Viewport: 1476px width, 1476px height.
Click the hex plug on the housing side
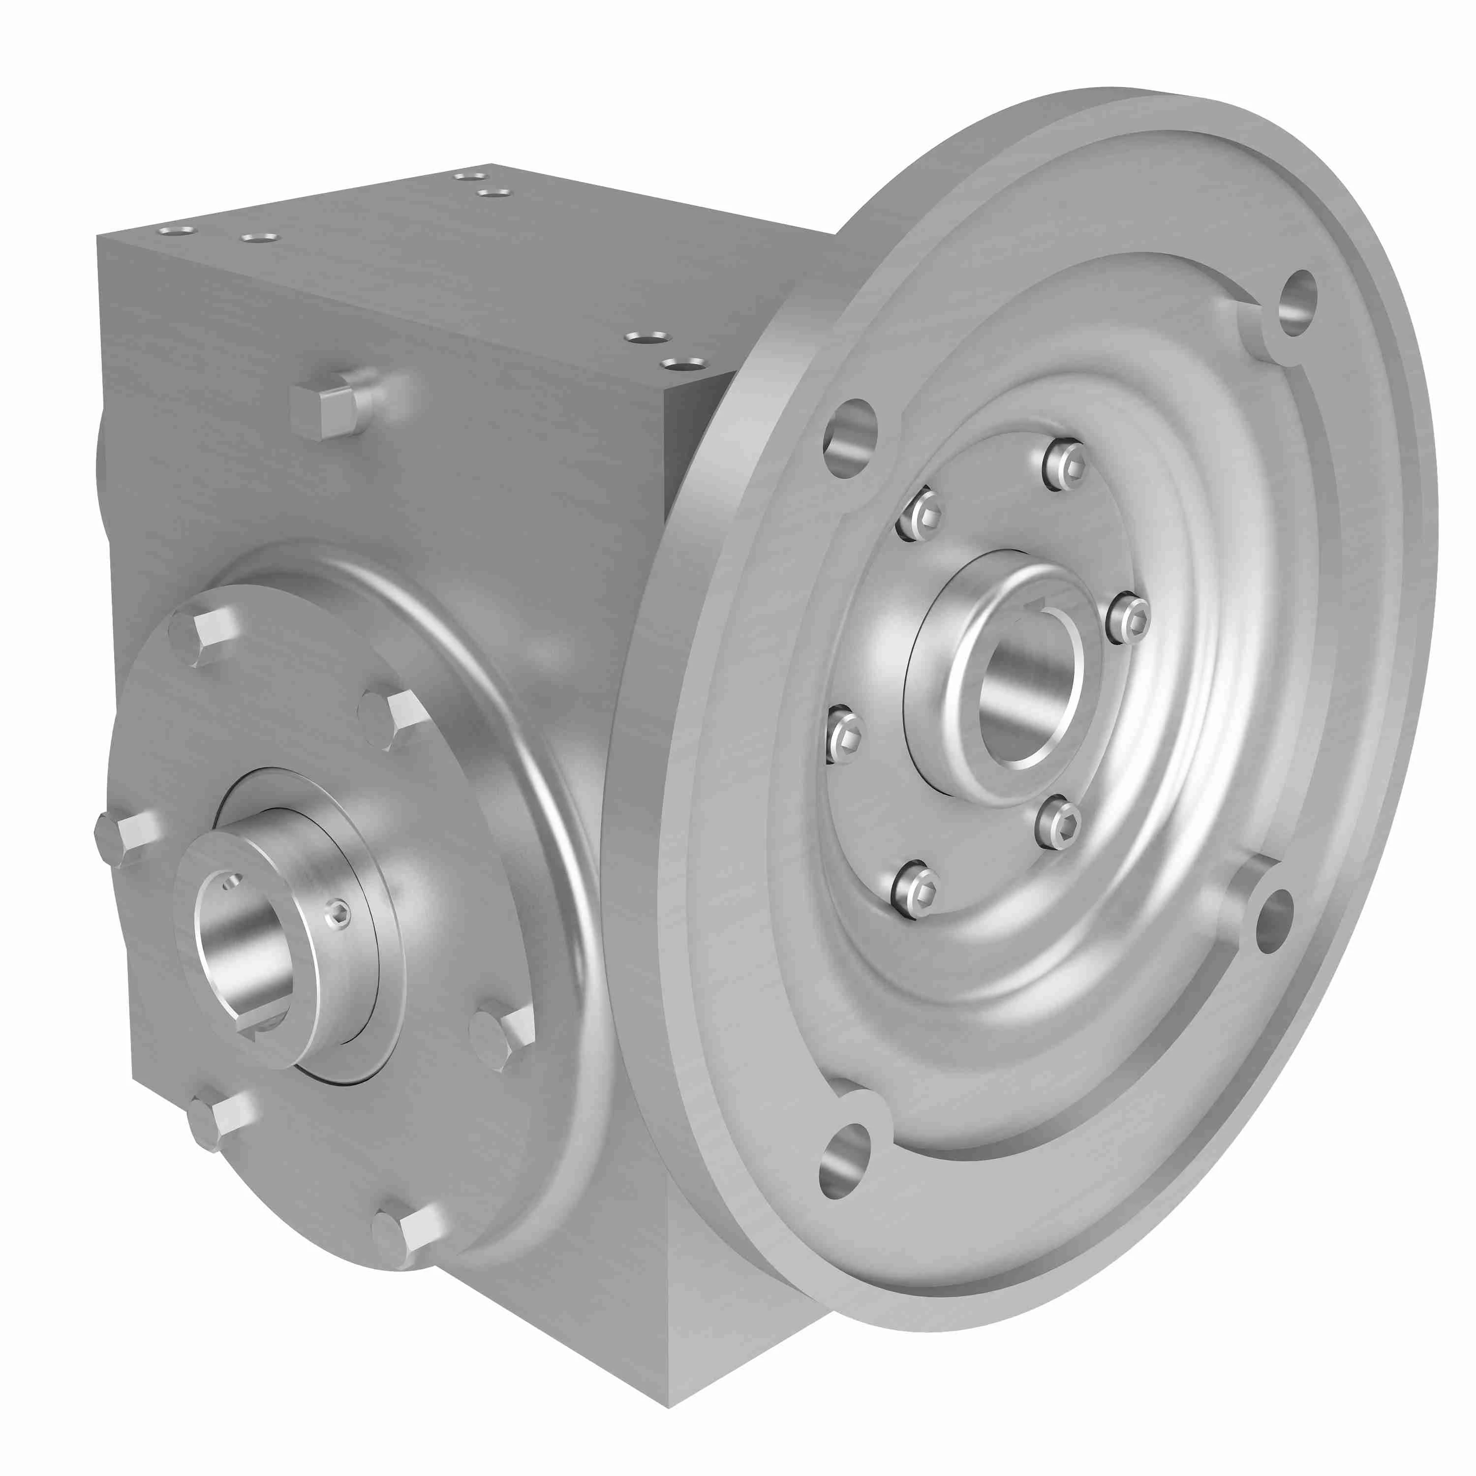[325, 411]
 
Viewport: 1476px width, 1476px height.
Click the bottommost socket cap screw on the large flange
[915, 892]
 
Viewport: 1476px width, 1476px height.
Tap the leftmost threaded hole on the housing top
[177, 230]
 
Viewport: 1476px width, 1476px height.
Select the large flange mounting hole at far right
[1274, 921]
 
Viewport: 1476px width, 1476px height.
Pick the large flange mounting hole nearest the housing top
[850, 438]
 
